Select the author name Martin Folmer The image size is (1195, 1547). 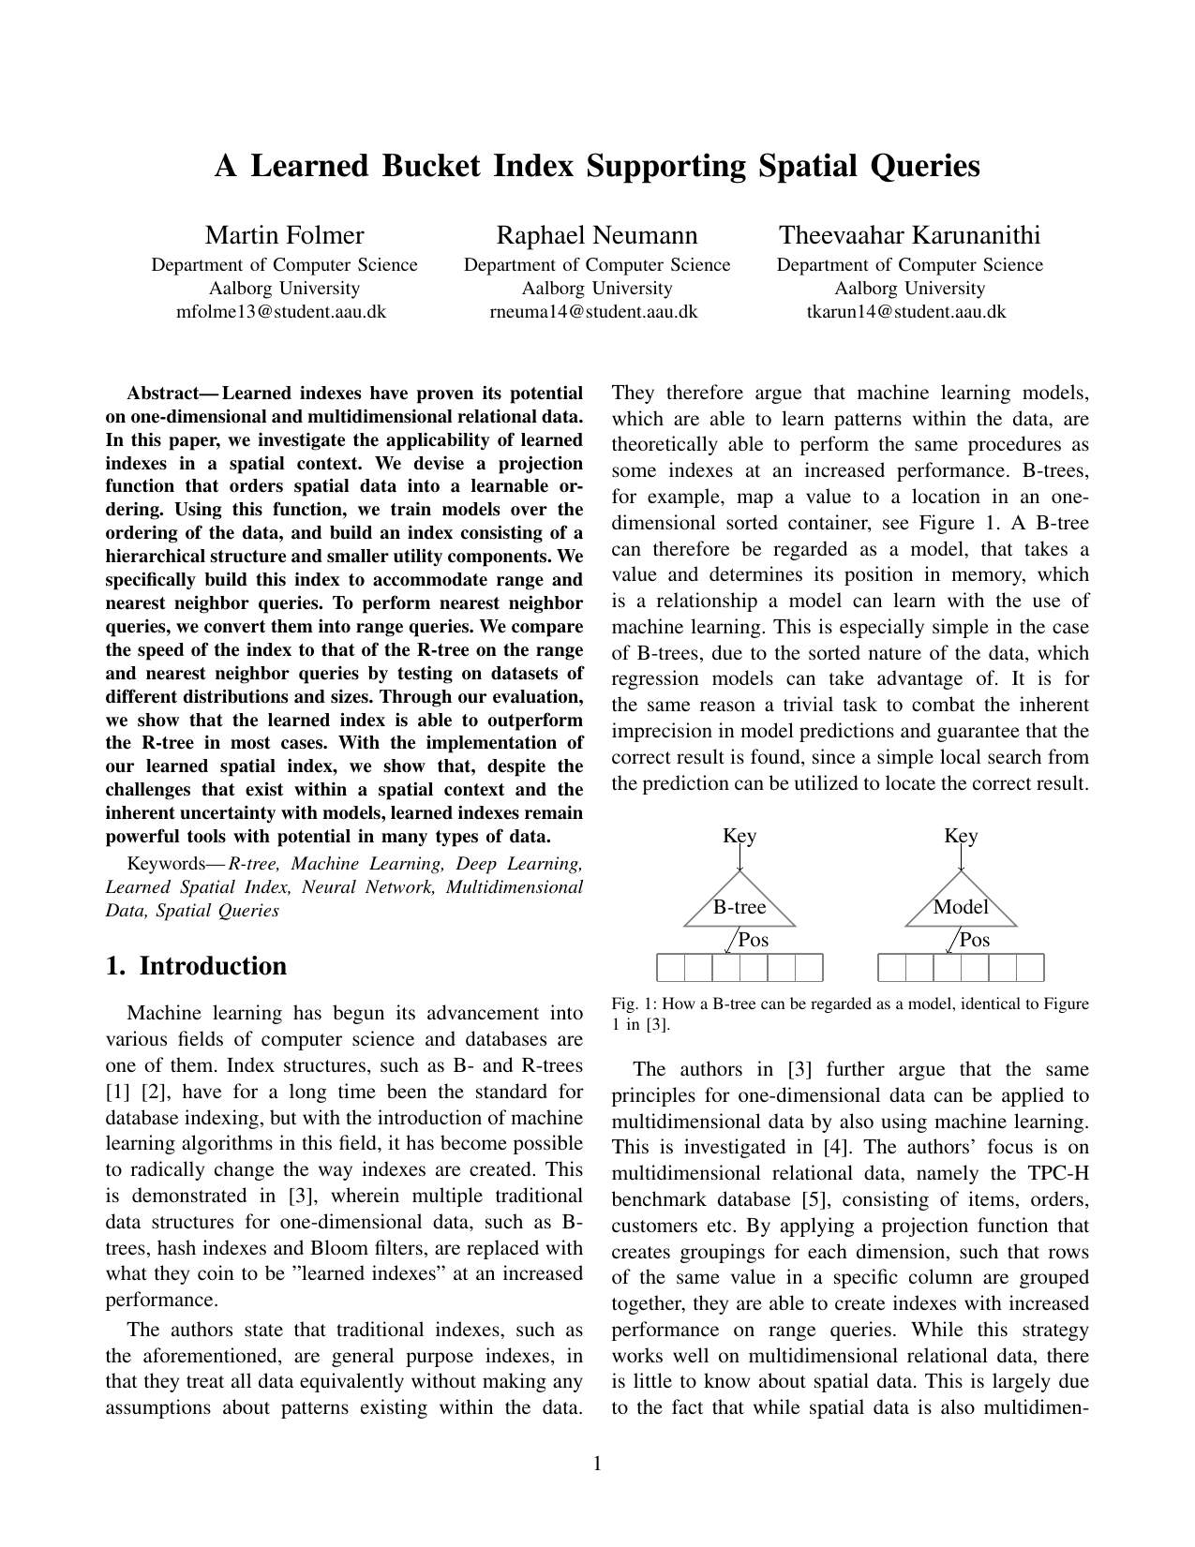(284, 235)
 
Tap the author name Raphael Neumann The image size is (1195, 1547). (596, 235)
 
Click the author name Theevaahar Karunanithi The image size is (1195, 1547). (910, 235)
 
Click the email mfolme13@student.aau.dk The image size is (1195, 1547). (281, 312)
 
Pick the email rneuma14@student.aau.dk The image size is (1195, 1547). (593, 312)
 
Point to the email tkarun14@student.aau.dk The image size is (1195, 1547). (906, 312)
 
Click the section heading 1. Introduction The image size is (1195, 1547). (196, 966)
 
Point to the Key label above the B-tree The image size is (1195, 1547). (739, 836)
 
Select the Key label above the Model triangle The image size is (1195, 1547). (961, 836)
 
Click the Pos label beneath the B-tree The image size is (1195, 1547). (754, 940)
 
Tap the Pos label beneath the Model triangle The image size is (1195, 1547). (975, 940)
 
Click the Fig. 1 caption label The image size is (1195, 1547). (631, 1004)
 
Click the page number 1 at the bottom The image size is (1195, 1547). (597, 1464)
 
